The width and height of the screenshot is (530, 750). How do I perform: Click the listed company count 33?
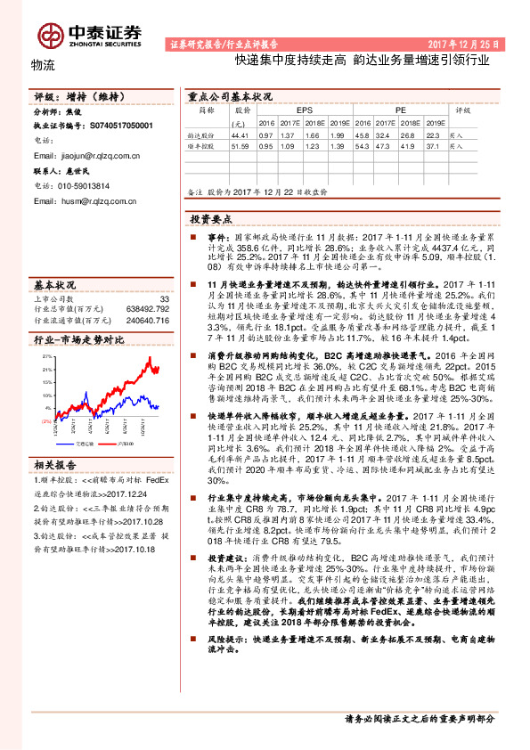[x=163, y=299]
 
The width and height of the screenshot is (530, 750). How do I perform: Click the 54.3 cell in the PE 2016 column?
[x=362, y=144]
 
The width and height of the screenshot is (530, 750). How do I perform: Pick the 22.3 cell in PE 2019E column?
[x=434, y=134]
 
